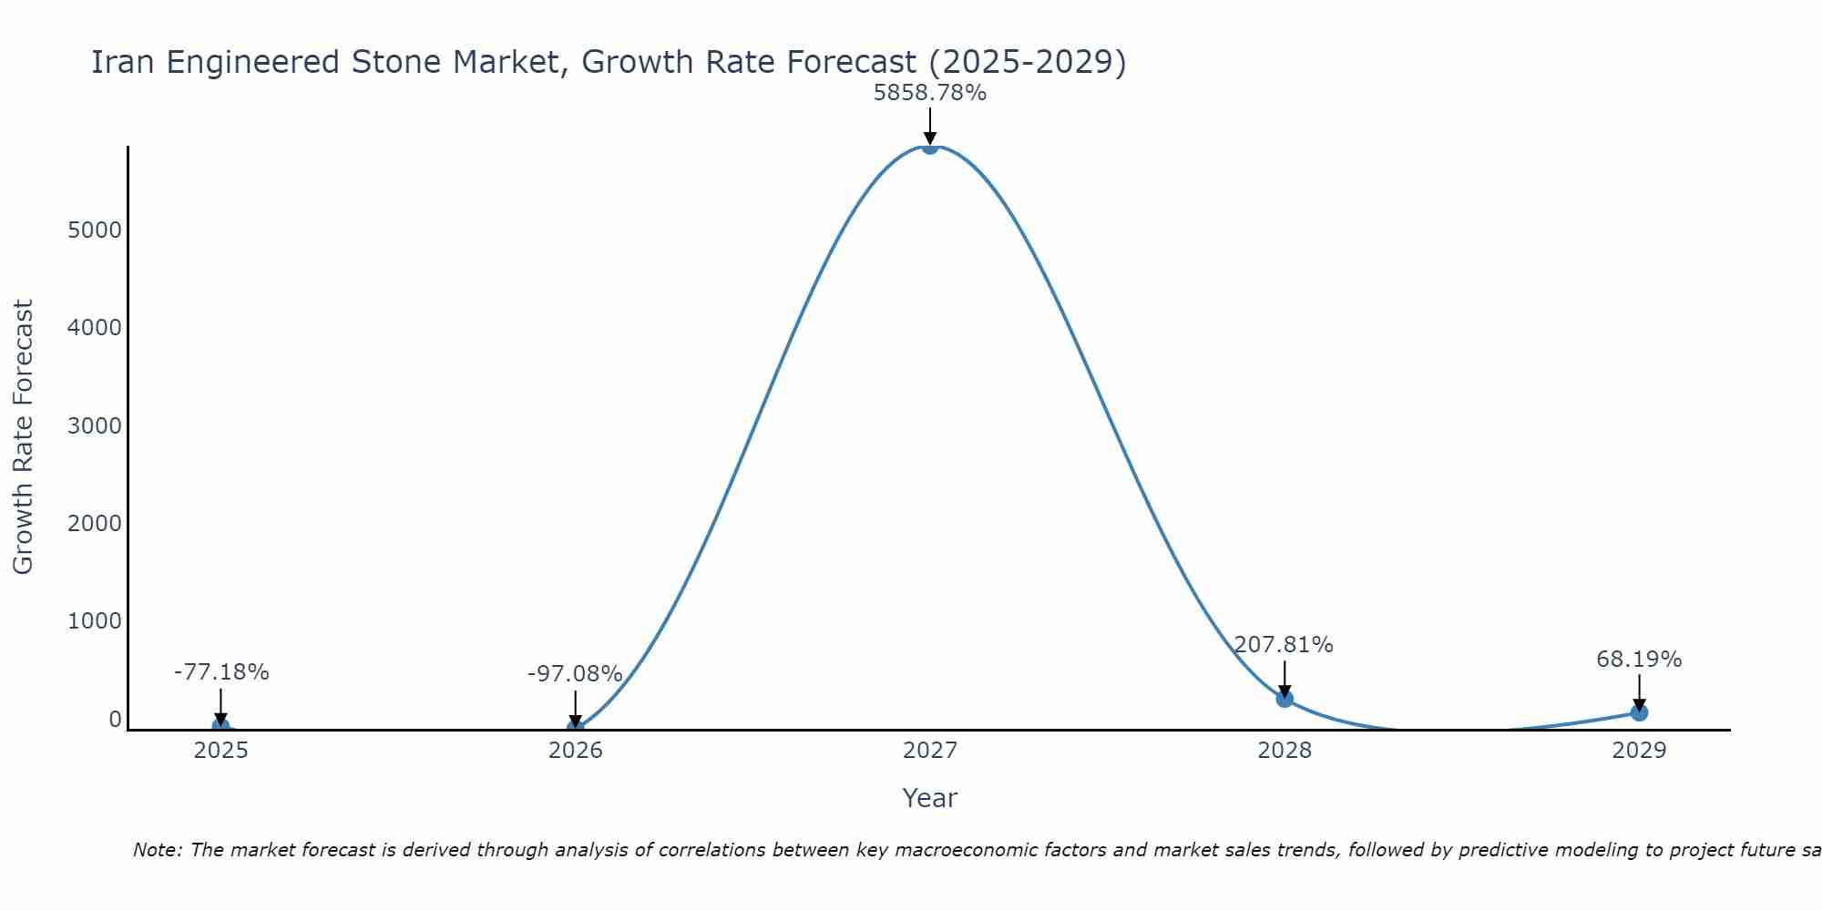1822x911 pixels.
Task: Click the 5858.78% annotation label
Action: pyautogui.click(x=929, y=93)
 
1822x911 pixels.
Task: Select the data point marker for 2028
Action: pyautogui.click(x=1285, y=699)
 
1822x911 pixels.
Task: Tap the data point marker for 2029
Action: pyautogui.click(x=1639, y=712)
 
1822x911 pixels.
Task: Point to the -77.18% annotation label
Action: pyautogui.click(x=221, y=672)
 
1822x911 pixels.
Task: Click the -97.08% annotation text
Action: pyautogui.click(x=575, y=674)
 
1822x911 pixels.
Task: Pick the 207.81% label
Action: pyautogui.click(x=1284, y=645)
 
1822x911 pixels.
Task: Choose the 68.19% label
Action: pyautogui.click(x=1639, y=659)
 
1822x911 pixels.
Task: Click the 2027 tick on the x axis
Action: pyautogui.click(x=929, y=751)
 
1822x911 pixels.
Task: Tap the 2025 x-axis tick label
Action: pyautogui.click(x=221, y=751)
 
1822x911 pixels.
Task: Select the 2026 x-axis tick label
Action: pyautogui.click(x=575, y=751)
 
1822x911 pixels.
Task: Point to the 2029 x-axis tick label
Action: pyautogui.click(x=1639, y=751)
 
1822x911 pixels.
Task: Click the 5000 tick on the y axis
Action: pyautogui.click(x=95, y=230)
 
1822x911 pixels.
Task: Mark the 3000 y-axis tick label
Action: pyautogui.click(x=95, y=426)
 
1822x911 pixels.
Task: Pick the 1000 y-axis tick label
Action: pyautogui.click(x=95, y=621)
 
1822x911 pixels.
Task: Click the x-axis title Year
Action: pyautogui.click(x=929, y=798)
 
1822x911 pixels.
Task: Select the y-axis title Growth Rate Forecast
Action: pyautogui.click(x=23, y=437)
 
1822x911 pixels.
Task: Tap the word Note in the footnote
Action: pyautogui.click(x=157, y=850)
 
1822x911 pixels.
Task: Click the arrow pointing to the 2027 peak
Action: pyautogui.click(x=929, y=126)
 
